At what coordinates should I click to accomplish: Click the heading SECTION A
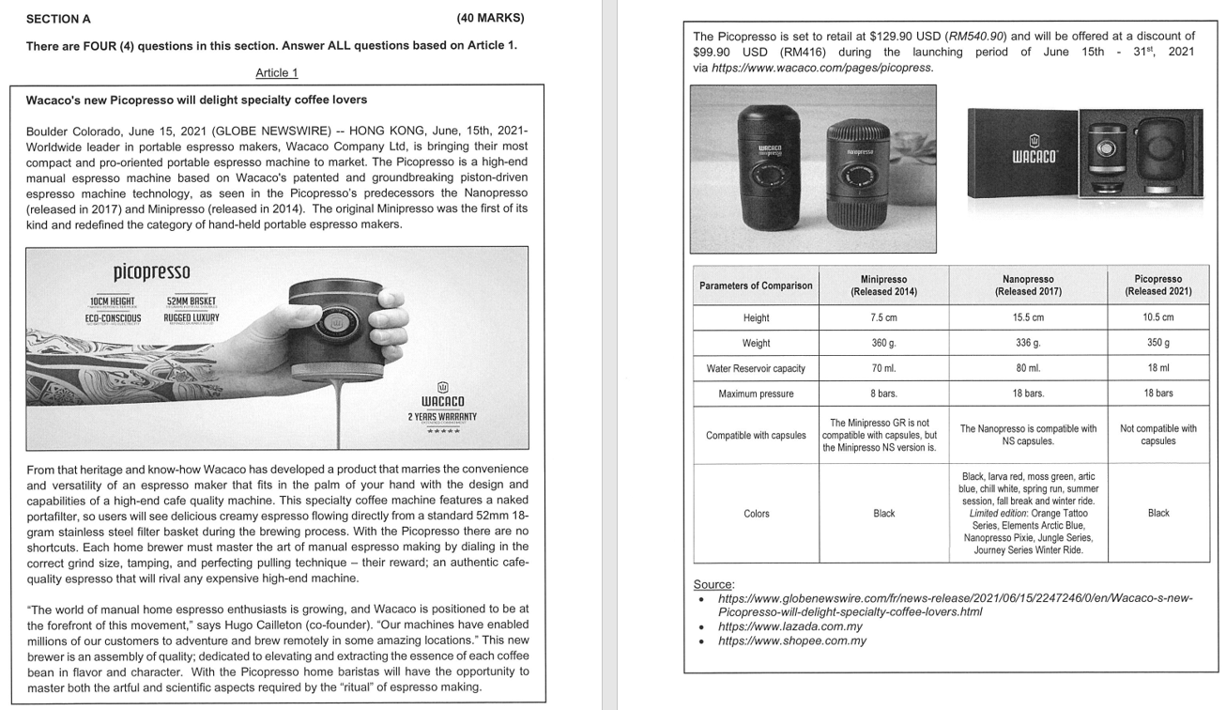[x=58, y=19]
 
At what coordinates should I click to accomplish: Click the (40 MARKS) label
[x=490, y=18]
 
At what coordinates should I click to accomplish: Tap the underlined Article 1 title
[x=276, y=73]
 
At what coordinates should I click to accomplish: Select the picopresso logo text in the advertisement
[x=151, y=271]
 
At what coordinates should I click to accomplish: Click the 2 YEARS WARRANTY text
[x=442, y=416]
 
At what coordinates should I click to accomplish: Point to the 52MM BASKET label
[x=191, y=301]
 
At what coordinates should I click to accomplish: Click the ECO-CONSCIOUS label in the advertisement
[x=113, y=318]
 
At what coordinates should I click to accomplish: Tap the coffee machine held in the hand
[x=335, y=323]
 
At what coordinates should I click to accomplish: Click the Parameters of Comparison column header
[x=756, y=286]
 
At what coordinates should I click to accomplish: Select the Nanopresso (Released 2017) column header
[x=1027, y=286]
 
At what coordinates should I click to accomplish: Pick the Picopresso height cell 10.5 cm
[x=1157, y=317]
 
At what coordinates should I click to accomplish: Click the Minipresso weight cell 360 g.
[x=883, y=343]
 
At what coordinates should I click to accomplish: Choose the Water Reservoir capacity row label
[x=756, y=368]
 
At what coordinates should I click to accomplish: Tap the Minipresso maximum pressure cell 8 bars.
[x=883, y=394]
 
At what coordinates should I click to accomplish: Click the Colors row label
[x=756, y=514]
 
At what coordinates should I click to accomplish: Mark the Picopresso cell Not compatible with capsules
[x=1157, y=435]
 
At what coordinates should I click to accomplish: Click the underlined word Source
[x=713, y=584]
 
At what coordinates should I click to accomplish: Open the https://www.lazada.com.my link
[x=789, y=626]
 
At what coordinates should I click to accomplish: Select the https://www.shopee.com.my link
[x=791, y=641]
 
